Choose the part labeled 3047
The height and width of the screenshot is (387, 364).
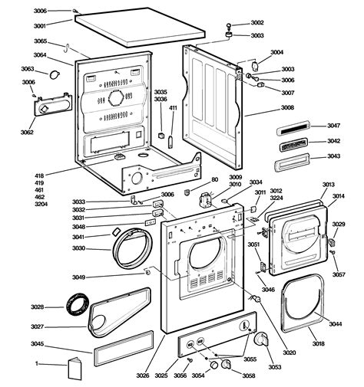click(334, 126)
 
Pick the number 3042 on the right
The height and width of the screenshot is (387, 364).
click(334, 141)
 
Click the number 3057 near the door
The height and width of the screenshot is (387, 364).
click(339, 274)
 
